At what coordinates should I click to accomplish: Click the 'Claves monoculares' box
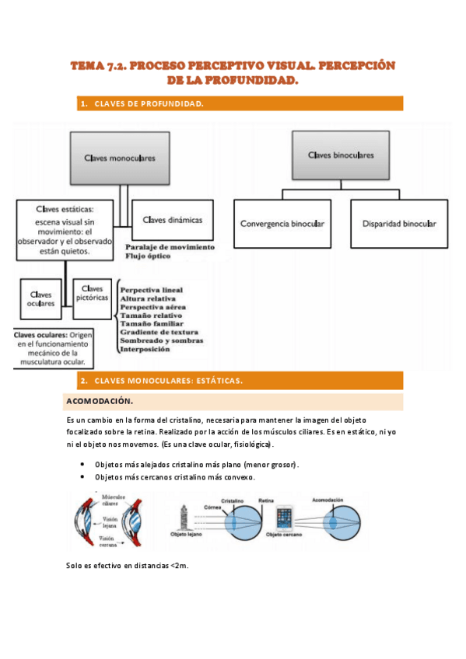[x=119, y=157]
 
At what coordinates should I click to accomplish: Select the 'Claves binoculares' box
[x=341, y=155]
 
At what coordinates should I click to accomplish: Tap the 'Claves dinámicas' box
[x=172, y=220]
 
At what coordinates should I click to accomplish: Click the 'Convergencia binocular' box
[x=282, y=224]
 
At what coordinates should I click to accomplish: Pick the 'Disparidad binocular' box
[x=399, y=224]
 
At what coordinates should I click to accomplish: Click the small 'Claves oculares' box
[x=41, y=299]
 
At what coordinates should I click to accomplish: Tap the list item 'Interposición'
[x=145, y=350]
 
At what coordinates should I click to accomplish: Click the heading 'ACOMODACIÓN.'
[x=100, y=402]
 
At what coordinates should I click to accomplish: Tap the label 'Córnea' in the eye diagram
[x=212, y=506]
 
